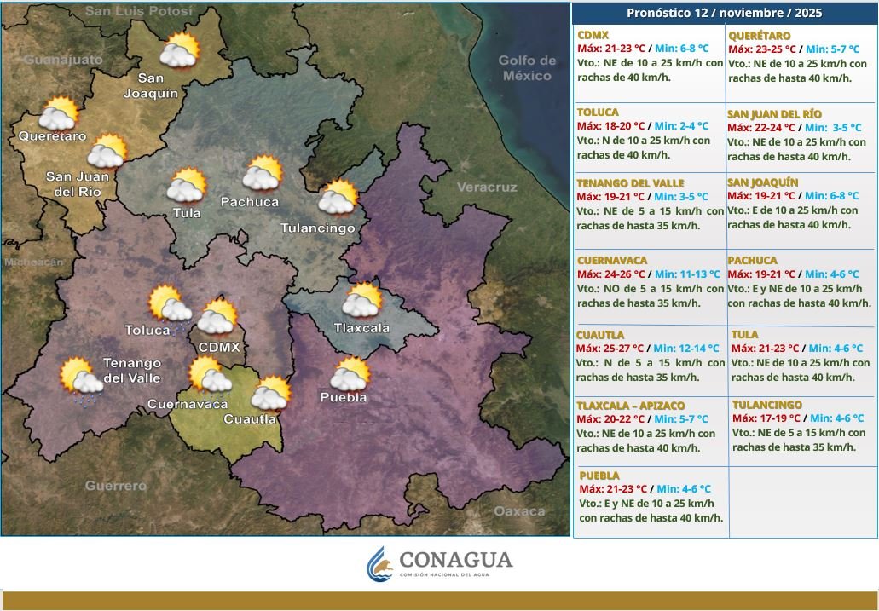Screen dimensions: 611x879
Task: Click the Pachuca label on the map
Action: [x=249, y=202]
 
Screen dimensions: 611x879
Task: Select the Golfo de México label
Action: [x=528, y=68]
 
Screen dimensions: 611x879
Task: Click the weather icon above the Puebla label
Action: [x=350, y=374]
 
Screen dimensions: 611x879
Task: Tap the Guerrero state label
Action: [x=115, y=486]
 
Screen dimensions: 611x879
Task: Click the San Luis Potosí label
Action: [x=140, y=10]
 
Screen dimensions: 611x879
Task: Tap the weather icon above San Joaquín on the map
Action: [x=179, y=51]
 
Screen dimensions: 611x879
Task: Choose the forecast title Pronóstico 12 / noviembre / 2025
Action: [x=725, y=12]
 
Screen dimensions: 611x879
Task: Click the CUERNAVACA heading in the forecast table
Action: [x=611, y=260]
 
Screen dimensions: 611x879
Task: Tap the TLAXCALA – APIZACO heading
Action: [x=630, y=406]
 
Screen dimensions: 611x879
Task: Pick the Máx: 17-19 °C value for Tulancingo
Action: [x=766, y=418]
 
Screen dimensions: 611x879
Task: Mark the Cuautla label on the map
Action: [x=250, y=418]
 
